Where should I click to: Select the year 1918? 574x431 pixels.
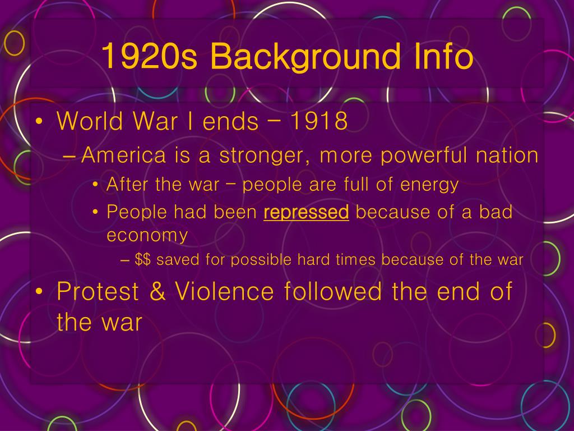pos(318,121)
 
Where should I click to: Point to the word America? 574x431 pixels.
pos(124,155)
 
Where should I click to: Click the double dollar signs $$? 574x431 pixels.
pos(143,259)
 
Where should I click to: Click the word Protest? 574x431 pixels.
pos(98,292)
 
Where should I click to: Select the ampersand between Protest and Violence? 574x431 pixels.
pos(158,292)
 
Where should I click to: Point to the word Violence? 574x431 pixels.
pos(224,292)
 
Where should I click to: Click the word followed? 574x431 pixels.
pos(333,291)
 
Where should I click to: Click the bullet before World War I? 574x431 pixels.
pos(39,121)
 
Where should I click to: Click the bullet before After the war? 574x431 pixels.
pos(95,185)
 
